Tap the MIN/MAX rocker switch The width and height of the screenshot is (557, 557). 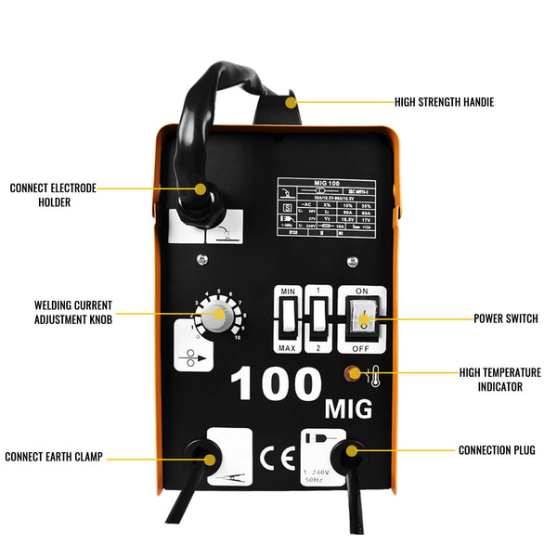point(286,321)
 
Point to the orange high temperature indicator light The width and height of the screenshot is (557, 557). point(354,375)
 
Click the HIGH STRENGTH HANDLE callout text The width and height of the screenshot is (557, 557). point(444,102)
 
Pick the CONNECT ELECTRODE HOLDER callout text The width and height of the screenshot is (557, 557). point(53,194)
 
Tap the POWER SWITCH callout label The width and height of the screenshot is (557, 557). point(505,318)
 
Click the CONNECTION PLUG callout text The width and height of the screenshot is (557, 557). point(497,450)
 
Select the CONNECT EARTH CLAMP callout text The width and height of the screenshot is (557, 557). point(54,457)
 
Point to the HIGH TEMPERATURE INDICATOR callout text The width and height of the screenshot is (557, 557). point(499,379)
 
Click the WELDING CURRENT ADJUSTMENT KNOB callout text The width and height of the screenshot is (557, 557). point(73,312)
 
